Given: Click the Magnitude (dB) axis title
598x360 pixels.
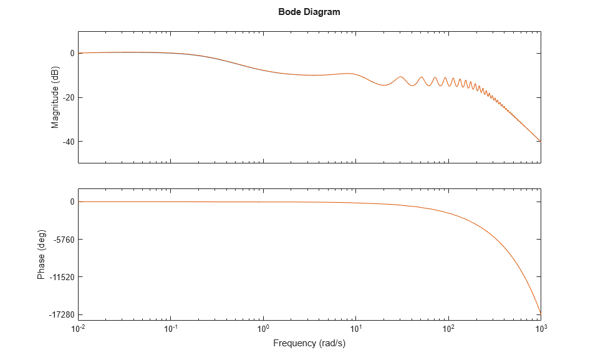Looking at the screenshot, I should (55, 97).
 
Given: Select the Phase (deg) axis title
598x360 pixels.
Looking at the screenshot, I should (41, 258).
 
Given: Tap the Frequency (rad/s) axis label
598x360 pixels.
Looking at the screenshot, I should (309, 343).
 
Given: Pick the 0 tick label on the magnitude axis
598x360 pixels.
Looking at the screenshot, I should (72, 54).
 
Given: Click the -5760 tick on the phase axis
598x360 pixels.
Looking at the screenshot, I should (62, 240).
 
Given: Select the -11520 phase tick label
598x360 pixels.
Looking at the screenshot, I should (60, 277).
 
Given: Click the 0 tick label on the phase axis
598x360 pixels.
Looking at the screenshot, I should (72, 202).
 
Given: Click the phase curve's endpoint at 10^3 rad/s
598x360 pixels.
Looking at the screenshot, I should (540, 314).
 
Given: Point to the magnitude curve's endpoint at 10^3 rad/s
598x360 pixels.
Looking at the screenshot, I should (540, 141).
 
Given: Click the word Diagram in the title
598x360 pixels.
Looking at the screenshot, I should (319, 12).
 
